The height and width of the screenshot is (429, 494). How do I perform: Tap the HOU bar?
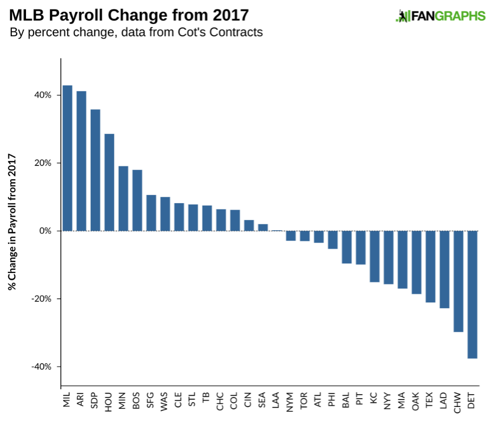(x=109, y=182)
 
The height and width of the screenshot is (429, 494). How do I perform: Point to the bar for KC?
(x=375, y=256)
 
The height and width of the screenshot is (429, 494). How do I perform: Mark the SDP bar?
(x=96, y=170)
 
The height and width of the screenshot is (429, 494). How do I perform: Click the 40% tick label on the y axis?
(x=42, y=95)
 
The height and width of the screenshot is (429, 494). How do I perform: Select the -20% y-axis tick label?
(x=41, y=299)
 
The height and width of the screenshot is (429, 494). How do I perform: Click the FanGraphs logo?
(x=440, y=16)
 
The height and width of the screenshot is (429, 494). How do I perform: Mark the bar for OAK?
(x=416, y=262)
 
